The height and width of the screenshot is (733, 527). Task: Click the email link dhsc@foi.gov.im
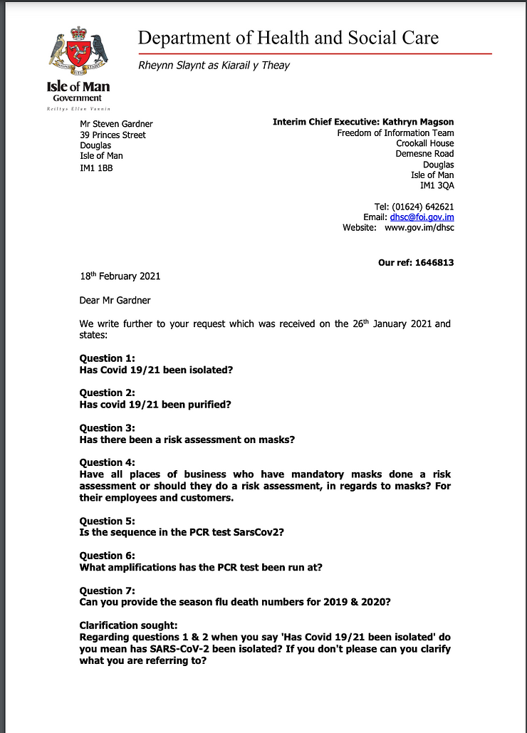(x=422, y=217)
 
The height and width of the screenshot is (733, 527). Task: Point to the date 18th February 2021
(x=120, y=276)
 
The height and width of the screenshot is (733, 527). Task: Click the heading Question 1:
(x=107, y=358)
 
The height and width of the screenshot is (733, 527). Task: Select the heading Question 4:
(x=107, y=463)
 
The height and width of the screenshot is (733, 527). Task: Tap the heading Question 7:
(x=107, y=591)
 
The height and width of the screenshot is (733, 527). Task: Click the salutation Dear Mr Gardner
(x=115, y=300)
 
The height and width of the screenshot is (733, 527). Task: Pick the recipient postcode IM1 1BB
(x=96, y=168)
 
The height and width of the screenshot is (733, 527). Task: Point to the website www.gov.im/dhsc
(x=419, y=228)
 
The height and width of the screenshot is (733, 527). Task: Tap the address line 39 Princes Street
(x=113, y=135)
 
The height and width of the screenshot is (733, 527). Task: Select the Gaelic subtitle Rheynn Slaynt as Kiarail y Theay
(x=214, y=66)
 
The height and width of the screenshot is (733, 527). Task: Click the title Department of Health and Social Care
(x=288, y=38)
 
